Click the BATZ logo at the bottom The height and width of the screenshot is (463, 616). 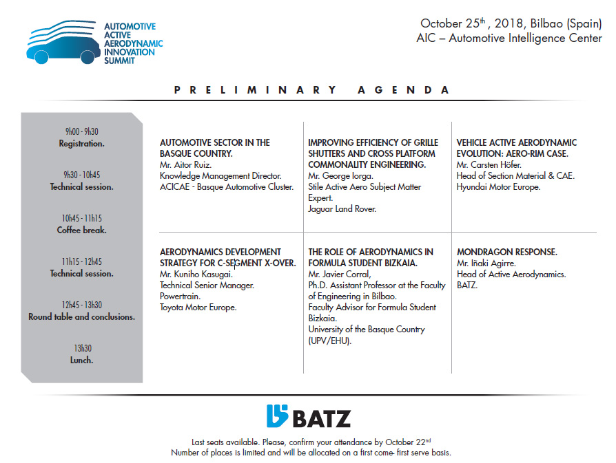pyautogui.click(x=308, y=417)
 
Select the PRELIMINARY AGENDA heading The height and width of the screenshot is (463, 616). pyautogui.click(x=311, y=90)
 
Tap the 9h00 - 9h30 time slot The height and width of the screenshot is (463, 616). pyautogui.click(x=82, y=131)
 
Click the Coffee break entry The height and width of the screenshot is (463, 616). pyautogui.click(x=82, y=230)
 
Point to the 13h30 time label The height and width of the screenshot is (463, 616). pyautogui.click(x=82, y=349)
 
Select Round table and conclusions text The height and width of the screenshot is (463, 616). pyautogui.click(x=82, y=317)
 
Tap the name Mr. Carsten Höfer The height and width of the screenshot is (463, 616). pyautogui.click(x=489, y=165)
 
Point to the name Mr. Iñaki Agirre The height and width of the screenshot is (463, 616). pyautogui.click(x=486, y=263)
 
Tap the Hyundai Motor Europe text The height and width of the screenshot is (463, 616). pyautogui.click(x=498, y=187)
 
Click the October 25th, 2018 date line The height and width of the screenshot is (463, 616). pyautogui.click(x=511, y=24)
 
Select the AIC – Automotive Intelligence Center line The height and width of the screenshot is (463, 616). pyautogui.click(x=509, y=39)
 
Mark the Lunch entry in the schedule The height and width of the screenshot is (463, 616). pyautogui.click(x=82, y=360)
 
